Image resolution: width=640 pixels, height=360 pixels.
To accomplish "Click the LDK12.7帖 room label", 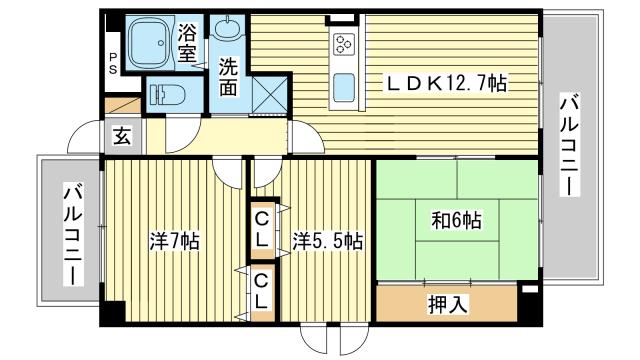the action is pos(447,84).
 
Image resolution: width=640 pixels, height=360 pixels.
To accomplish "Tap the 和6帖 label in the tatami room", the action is pos(457,221).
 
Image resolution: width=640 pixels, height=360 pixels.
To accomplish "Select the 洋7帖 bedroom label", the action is pos(174,241).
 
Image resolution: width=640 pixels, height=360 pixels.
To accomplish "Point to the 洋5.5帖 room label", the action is pos(327,241).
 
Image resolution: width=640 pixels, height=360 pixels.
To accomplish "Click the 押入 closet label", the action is pos(448,304).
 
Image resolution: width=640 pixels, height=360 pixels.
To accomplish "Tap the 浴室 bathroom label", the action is pos(187,42).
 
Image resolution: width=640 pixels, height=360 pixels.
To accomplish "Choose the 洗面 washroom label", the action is pos(228,77).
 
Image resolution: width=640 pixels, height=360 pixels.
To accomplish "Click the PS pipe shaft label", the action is pos(113,63).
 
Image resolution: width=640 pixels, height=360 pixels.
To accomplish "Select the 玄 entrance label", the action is pos(122,136).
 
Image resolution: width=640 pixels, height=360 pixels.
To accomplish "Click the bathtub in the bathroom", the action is pos(149,43).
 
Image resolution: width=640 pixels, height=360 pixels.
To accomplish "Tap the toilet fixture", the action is pos(167,95).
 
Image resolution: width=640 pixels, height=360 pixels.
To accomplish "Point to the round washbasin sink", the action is pos(228,28).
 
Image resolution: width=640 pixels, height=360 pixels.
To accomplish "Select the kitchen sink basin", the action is pos(344,88).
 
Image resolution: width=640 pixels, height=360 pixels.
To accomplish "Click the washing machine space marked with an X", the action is pos(269,94).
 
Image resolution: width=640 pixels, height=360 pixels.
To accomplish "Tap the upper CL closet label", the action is pos(261,231).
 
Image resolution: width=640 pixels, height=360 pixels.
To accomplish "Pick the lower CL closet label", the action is pos(261,291).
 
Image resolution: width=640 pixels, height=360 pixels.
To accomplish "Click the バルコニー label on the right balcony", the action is pos(569,144).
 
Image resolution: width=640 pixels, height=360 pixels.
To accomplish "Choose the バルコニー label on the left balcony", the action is pos(73,235).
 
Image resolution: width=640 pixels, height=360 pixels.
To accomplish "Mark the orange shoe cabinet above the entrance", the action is pos(123,105).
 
